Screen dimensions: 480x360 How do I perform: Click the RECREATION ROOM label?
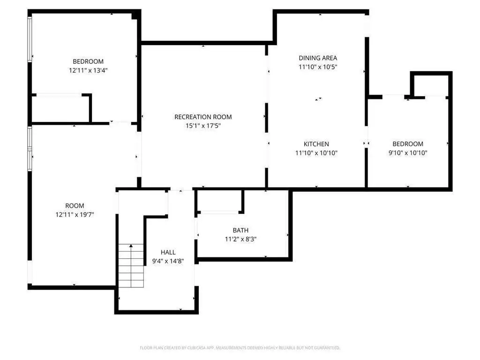203,117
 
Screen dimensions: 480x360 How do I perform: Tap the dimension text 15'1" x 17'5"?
203,126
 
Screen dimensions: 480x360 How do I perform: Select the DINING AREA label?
318,58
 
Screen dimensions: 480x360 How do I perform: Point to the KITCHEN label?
316,144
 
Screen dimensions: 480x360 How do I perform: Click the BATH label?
240,230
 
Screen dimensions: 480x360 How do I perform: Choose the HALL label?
168,252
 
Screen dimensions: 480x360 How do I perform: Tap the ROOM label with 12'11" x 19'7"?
75,206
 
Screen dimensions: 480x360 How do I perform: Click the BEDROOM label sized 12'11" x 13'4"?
88,61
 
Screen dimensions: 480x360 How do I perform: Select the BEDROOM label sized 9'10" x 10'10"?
408,144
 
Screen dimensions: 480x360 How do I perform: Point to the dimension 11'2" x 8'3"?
240,239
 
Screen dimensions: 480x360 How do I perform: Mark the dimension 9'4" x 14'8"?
168,261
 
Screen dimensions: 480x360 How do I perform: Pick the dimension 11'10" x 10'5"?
318,67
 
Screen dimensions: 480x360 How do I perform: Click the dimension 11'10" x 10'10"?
316,153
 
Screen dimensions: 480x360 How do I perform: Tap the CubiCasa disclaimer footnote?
240,348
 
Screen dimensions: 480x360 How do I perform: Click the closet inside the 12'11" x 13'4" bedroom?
60,109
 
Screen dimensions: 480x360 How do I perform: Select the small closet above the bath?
219,201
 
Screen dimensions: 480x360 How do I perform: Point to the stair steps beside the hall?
131,266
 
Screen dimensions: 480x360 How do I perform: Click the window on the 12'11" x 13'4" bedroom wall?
30,39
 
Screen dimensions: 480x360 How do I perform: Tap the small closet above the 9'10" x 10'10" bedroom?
431,85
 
